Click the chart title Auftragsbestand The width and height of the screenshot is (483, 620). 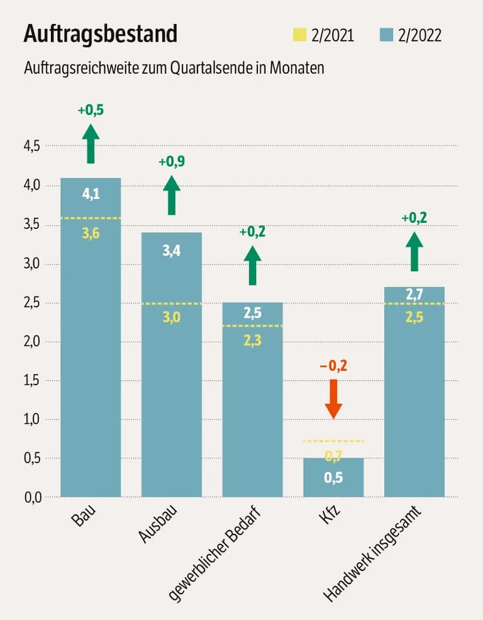pyautogui.click(x=100, y=34)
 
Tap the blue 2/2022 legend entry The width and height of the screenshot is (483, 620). pyautogui.click(x=411, y=35)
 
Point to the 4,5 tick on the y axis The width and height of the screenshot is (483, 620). pyautogui.click(x=31, y=146)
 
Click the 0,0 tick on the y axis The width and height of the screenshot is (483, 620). pyautogui.click(x=31, y=497)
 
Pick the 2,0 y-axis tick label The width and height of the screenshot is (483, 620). pyautogui.click(x=31, y=341)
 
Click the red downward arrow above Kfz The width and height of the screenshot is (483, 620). pyautogui.click(x=333, y=398)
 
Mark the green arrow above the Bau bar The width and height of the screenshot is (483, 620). pyautogui.click(x=91, y=144)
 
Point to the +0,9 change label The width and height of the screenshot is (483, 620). pyautogui.click(x=172, y=162)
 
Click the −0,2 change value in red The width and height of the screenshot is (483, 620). pyautogui.click(x=333, y=365)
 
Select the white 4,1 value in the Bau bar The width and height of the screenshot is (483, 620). pyautogui.click(x=91, y=194)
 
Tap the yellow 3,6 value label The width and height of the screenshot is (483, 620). pyautogui.click(x=91, y=233)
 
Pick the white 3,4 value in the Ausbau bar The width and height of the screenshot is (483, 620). pyautogui.click(x=172, y=252)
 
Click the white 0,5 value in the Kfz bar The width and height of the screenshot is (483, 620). pyautogui.click(x=333, y=478)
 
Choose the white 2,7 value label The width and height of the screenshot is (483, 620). pyautogui.click(x=414, y=295)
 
